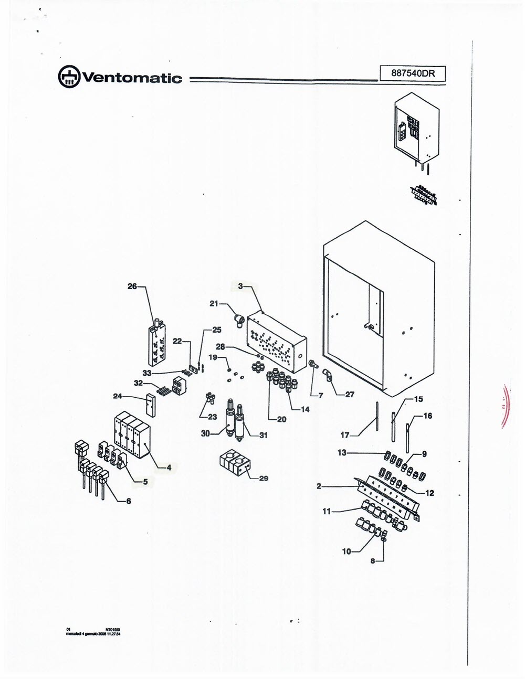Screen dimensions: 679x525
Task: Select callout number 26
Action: (132, 286)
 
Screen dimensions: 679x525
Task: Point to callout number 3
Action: (240, 286)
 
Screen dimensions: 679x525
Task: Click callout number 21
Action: (214, 303)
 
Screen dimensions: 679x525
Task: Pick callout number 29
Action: (264, 478)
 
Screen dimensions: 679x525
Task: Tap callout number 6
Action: (128, 501)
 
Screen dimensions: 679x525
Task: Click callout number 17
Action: (345, 434)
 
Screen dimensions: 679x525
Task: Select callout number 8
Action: (374, 560)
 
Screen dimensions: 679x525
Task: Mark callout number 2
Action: (319, 486)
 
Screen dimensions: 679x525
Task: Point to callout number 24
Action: (118, 396)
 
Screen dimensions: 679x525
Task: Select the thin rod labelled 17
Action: (377, 416)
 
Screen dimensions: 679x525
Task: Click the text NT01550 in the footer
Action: (114, 628)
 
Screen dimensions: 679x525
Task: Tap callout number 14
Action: (305, 409)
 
